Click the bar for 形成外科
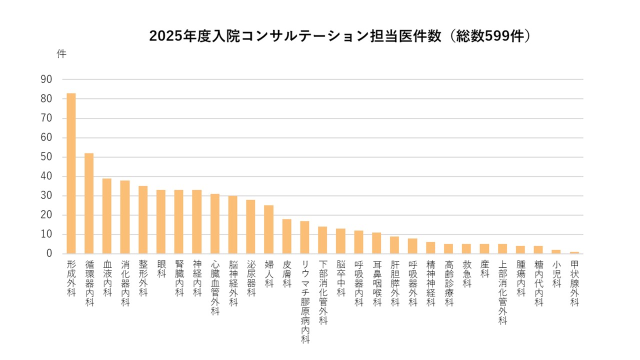pyautogui.click(x=71, y=173)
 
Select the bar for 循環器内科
pyautogui.click(x=89, y=203)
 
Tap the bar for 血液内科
pyautogui.click(x=107, y=216)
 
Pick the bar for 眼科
pyautogui.click(x=161, y=222)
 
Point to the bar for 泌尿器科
pyautogui.click(x=250, y=227)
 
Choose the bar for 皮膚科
pyautogui.click(x=286, y=236)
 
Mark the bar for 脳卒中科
pyautogui.click(x=340, y=241)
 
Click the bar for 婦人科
pyautogui.click(x=268, y=229)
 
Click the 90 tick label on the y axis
pyautogui.click(x=46, y=79)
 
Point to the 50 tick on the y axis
pyautogui.click(x=46, y=157)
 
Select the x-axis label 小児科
pyautogui.click(x=556, y=273)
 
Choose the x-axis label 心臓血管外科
pyautogui.click(x=215, y=287)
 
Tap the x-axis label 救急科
pyautogui.click(x=466, y=273)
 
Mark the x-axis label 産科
pyautogui.click(x=484, y=268)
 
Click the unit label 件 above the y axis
pyautogui.click(x=61, y=54)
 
